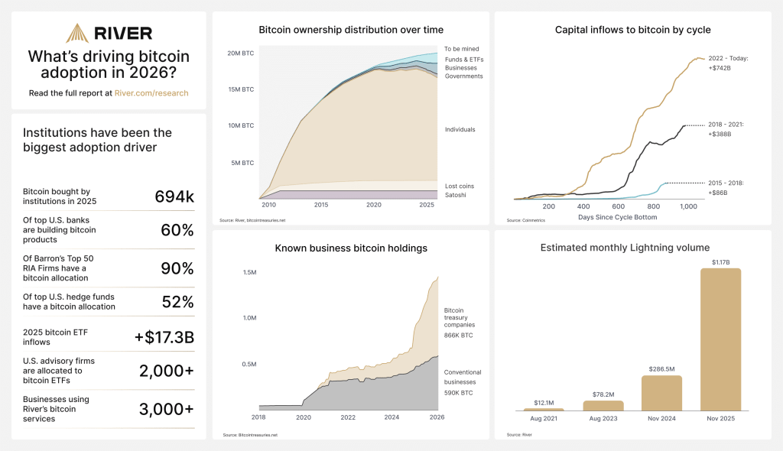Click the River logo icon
[x=76, y=33]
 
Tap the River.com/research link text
[x=151, y=93]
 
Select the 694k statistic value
[x=174, y=196]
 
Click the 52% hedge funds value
[x=177, y=301]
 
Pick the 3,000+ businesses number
[x=167, y=409]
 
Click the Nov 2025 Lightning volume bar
[x=720, y=339]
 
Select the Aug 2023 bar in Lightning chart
[x=603, y=405]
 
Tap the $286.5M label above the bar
[x=661, y=368]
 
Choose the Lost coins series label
[x=460, y=186]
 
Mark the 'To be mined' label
[x=462, y=49]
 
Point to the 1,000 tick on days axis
[x=687, y=206]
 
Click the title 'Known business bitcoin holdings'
[x=351, y=248]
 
